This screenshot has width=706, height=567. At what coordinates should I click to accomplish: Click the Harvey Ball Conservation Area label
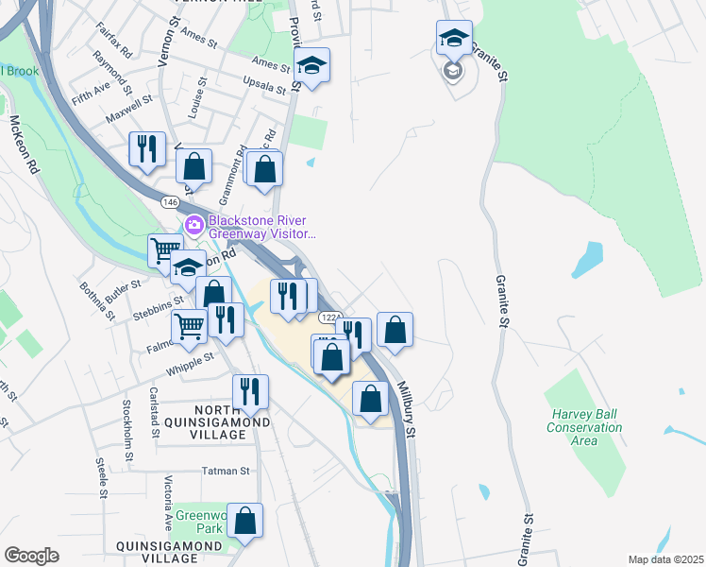tap(585, 427)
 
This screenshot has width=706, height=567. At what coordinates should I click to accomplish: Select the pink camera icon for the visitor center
tap(195, 225)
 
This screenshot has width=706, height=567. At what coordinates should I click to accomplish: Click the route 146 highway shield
tap(169, 202)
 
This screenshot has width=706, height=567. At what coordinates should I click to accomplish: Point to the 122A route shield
tap(329, 317)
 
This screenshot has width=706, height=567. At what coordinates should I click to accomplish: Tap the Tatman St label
tap(225, 470)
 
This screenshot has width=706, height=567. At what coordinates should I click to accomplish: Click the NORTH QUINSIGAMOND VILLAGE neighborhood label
tap(207, 415)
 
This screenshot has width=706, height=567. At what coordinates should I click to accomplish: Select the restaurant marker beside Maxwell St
tap(146, 149)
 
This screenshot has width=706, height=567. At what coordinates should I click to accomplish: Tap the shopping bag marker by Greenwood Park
tap(244, 520)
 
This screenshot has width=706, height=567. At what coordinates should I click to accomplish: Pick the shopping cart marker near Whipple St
tap(190, 327)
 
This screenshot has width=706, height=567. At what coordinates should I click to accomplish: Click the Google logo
tap(31, 556)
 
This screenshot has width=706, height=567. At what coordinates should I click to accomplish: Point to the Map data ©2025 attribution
tap(665, 559)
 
